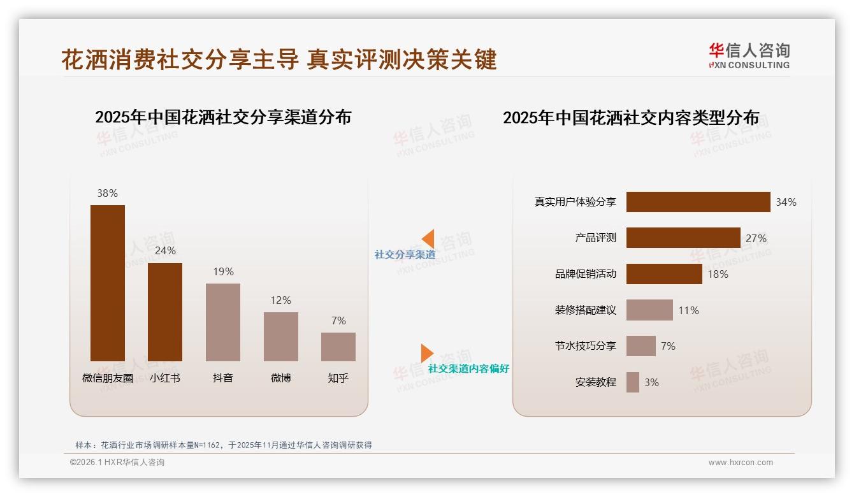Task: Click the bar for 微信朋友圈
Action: [x=108, y=283]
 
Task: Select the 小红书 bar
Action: [x=165, y=312]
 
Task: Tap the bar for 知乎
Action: [x=338, y=347]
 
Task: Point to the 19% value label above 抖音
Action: [x=223, y=271]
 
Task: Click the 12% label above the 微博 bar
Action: [x=280, y=300]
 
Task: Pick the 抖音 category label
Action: [x=223, y=378]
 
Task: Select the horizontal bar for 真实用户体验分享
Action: [x=698, y=202]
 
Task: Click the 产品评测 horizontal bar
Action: [x=683, y=238]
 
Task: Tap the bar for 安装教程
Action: [x=633, y=382]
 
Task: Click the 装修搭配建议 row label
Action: [x=586, y=310]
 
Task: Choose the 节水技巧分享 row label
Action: [x=586, y=346]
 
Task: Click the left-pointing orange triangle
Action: [x=428, y=239]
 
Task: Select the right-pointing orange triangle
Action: [x=426, y=353]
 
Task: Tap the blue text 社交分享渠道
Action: [x=405, y=255]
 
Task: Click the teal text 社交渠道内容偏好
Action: [x=468, y=369]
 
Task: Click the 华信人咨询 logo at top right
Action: [x=749, y=56]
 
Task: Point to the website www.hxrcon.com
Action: [x=741, y=463]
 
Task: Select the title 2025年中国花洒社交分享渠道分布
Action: [x=223, y=117]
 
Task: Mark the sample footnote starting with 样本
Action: [x=223, y=445]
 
